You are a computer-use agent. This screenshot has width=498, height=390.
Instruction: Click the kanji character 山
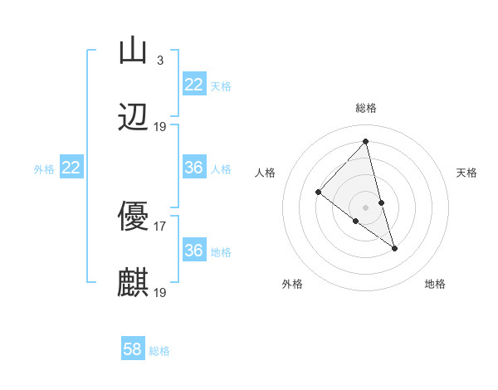(x=133, y=51)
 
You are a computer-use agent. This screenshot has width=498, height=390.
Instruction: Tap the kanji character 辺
(x=133, y=117)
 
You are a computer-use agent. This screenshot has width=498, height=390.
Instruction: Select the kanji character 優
(x=133, y=217)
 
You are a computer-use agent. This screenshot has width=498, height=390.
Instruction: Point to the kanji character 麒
(x=133, y=283)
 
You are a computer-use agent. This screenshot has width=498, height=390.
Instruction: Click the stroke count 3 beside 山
(x=159, y=60)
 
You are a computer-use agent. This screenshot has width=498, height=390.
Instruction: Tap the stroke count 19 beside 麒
(x=160, y=292)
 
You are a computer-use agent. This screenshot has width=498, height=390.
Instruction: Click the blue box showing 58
(x=133, y=349)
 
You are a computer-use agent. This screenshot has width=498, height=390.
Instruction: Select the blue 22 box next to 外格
(x=71, y=168)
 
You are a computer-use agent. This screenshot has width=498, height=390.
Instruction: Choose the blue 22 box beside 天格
(x=193, y=85)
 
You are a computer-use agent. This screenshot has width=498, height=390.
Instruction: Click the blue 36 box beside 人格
(x=193, y=168)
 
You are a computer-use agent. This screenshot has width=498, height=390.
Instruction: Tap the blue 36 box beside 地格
(x=193, y=251)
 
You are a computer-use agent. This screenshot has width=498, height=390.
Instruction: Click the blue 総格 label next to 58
(x=159, y=351)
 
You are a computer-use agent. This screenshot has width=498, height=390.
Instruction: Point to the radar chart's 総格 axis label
(x=366, y=108)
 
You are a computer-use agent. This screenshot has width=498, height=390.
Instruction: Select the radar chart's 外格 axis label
(x=292, y=284)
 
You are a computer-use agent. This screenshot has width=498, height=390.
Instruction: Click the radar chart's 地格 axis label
(x=435, y=284)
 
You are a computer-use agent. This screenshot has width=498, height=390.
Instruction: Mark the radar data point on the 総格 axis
(x=366, y=141)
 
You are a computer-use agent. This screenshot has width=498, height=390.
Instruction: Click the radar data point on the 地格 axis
(x=395, y=248)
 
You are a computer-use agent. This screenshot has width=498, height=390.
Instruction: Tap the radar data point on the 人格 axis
(x=318, y=193)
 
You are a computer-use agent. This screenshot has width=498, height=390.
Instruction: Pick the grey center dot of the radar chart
(x=366, y=207)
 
